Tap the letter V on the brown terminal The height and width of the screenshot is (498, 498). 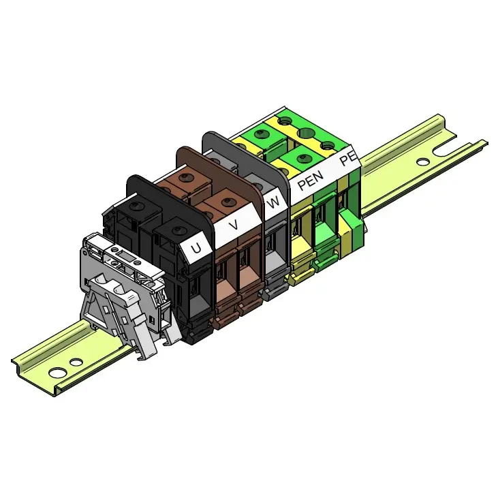[x=234, y=225]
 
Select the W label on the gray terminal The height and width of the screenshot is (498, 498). [x=273, y=202]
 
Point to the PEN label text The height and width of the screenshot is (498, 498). [x=310, y=181]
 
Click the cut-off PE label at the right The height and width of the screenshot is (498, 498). [x=348, y=158]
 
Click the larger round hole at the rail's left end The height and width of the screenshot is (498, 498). [x=57, y=372]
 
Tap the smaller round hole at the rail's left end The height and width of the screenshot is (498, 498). [x=76, y=362]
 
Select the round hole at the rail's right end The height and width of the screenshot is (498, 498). [x=423, y=162]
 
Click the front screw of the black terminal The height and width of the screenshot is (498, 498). [x=176, y=230]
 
